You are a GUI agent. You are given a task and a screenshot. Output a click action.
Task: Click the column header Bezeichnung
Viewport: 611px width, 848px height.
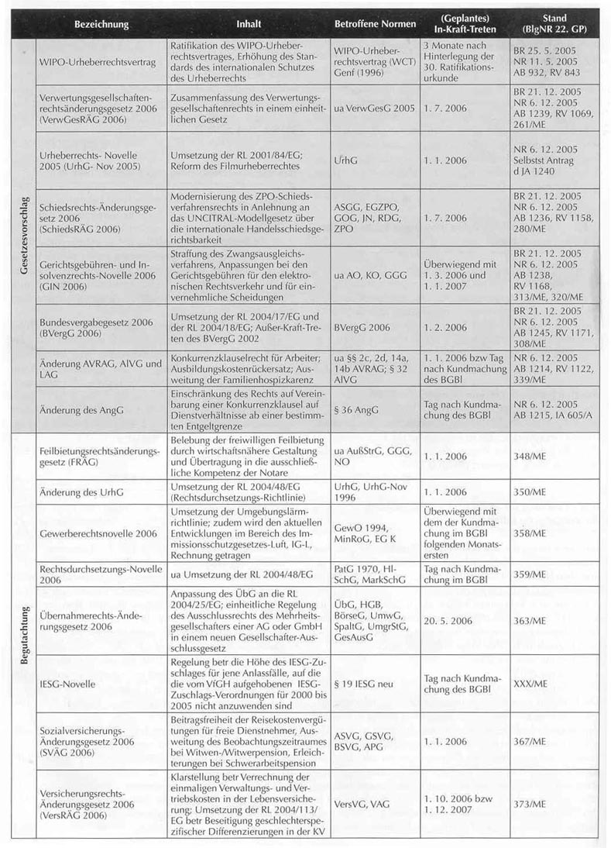[x=101, y=24]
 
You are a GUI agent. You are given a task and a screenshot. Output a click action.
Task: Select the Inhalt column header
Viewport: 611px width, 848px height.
[x=248, y=24]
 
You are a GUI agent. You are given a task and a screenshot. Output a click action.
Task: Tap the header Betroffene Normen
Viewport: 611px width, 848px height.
[x=375, y=24]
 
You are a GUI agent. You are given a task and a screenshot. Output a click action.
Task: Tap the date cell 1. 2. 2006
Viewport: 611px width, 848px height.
[x=445, y=329]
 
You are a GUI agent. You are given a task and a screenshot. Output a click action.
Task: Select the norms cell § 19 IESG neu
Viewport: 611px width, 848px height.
[x=365, y=684]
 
